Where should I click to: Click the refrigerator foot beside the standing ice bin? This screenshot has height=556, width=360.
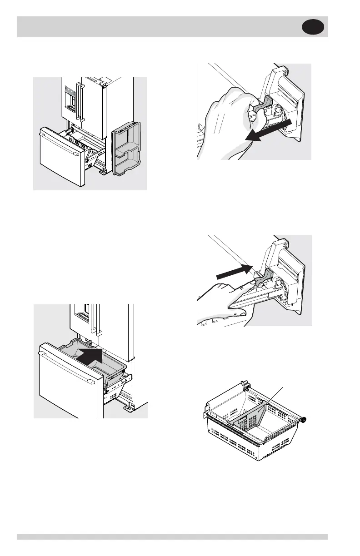pyautogui.click(x=103, y=172)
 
